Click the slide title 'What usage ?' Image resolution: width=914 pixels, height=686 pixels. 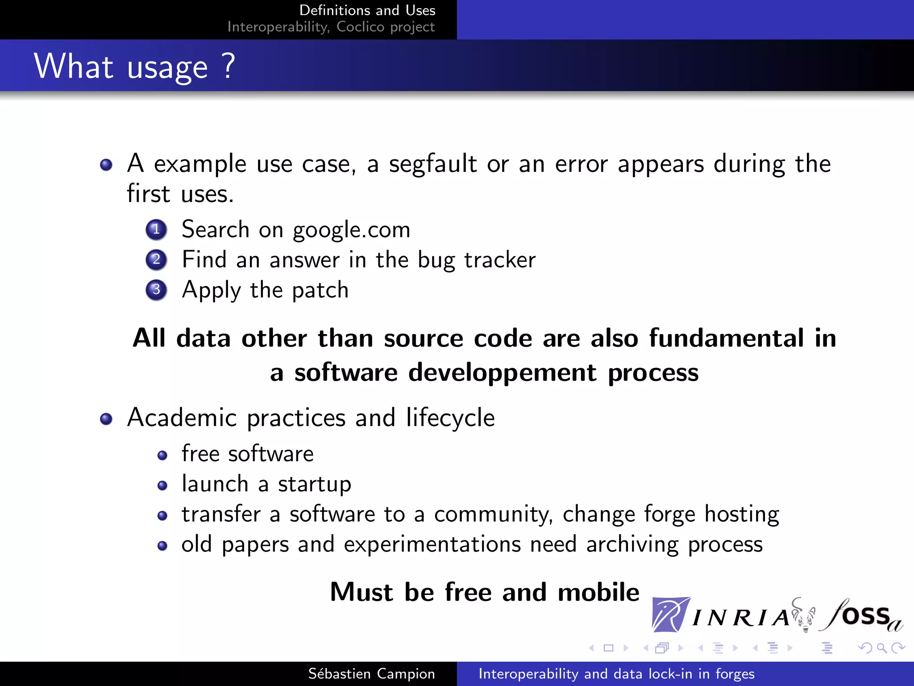[134, 66]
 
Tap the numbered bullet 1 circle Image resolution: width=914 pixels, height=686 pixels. [156, 230]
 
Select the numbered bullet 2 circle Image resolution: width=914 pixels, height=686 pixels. [156, 259]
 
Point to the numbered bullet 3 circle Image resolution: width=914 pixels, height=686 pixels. [156, 290]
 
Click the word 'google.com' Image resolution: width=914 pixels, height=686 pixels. [351, 230]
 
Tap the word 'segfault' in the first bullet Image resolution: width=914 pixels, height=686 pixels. [432, 163]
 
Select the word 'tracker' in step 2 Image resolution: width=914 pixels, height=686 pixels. [499, 259]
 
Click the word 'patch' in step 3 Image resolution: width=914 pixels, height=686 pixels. [320, 290]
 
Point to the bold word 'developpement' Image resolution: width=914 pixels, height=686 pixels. [502, 372]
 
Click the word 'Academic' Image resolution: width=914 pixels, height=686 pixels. [182, 418]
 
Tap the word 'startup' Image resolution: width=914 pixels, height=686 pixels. [314, 484]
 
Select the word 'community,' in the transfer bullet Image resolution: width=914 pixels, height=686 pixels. [493, 514]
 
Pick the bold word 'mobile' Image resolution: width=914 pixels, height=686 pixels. [598, 592]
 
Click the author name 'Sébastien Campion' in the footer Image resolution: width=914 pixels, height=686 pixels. [371, 673]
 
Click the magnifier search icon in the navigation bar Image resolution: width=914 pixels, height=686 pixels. [881, 648]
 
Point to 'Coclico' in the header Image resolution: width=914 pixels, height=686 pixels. [360, 27]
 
